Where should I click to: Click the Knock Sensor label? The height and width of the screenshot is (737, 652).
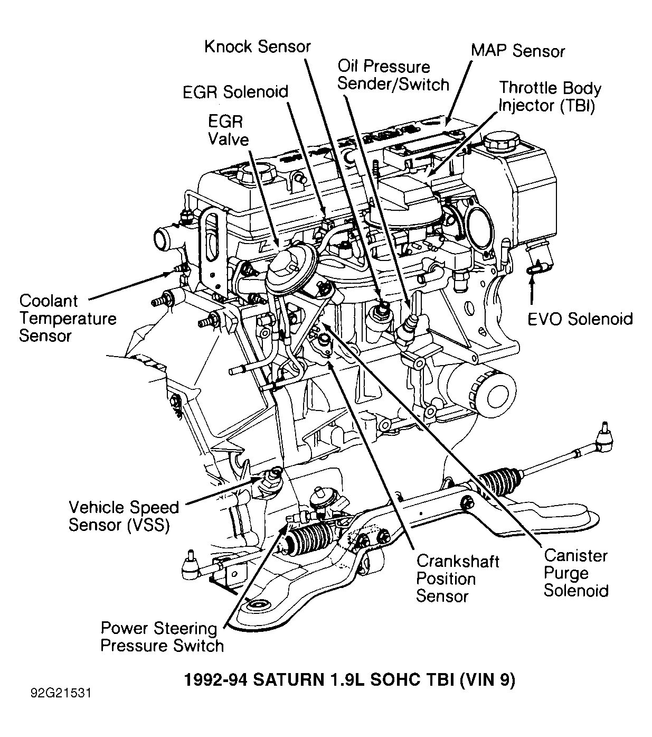257,46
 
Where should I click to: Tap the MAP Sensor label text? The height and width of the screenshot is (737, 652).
517,51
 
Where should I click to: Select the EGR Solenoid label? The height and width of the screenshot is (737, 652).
235,92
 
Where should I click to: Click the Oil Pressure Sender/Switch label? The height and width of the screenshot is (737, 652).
393,76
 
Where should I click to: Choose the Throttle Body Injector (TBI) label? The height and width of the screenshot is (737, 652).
550,97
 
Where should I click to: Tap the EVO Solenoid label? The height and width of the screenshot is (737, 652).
580,319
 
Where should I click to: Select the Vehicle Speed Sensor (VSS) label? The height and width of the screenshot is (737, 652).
124,516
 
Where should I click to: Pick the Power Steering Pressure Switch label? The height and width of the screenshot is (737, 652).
162,637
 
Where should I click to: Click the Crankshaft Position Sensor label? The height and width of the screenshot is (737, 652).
457,579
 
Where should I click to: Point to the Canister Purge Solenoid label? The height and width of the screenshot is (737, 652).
575,573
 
